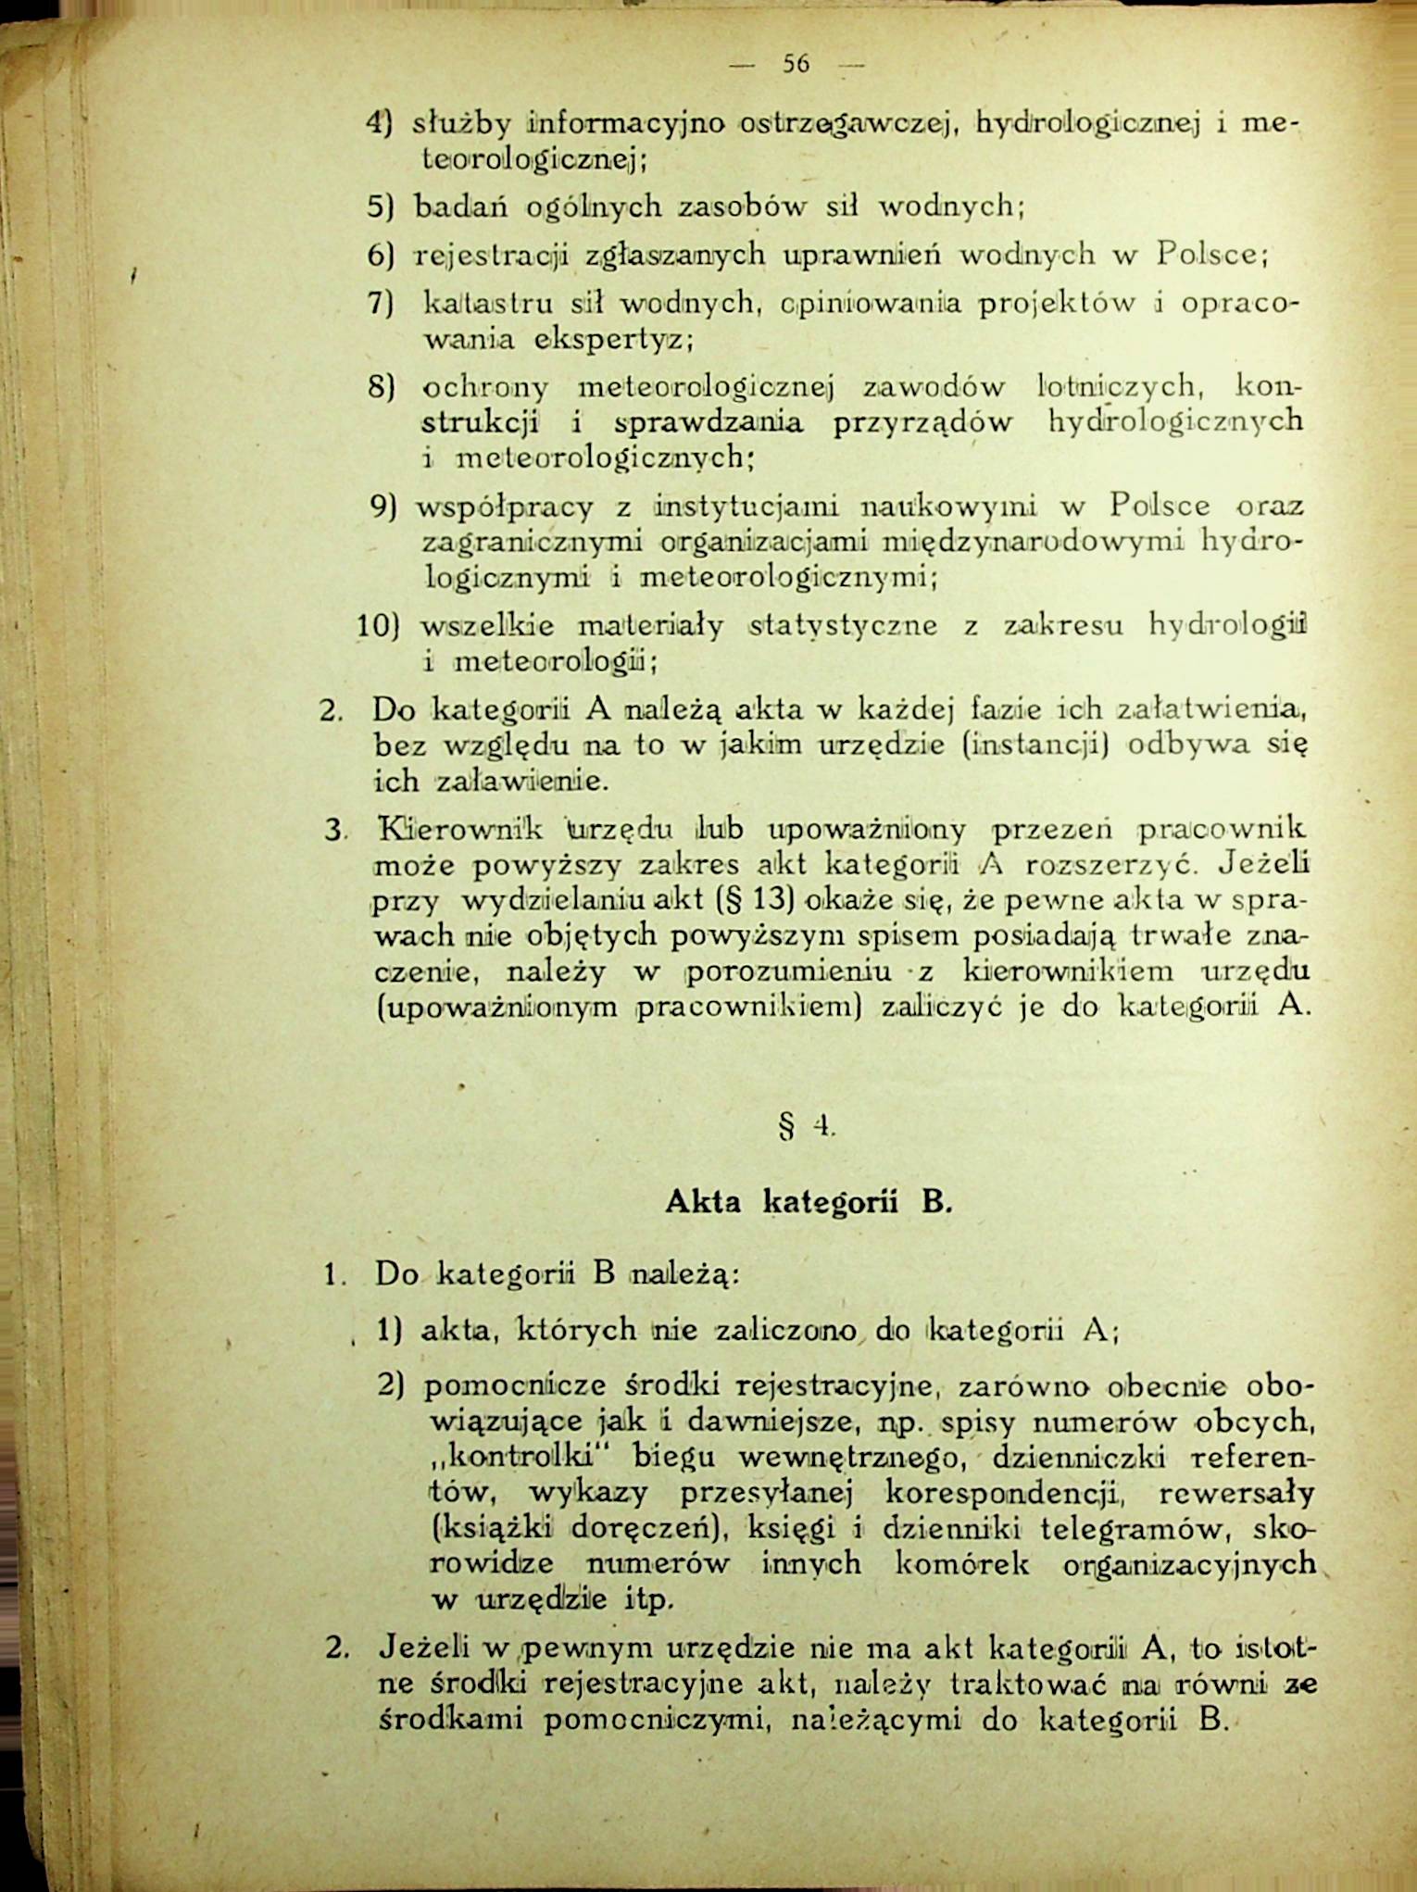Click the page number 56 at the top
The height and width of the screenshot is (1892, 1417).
tap(796, 64)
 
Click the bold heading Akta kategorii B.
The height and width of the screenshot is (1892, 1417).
tap(809, 1203)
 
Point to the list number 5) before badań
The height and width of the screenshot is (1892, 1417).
tap(380, 207)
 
